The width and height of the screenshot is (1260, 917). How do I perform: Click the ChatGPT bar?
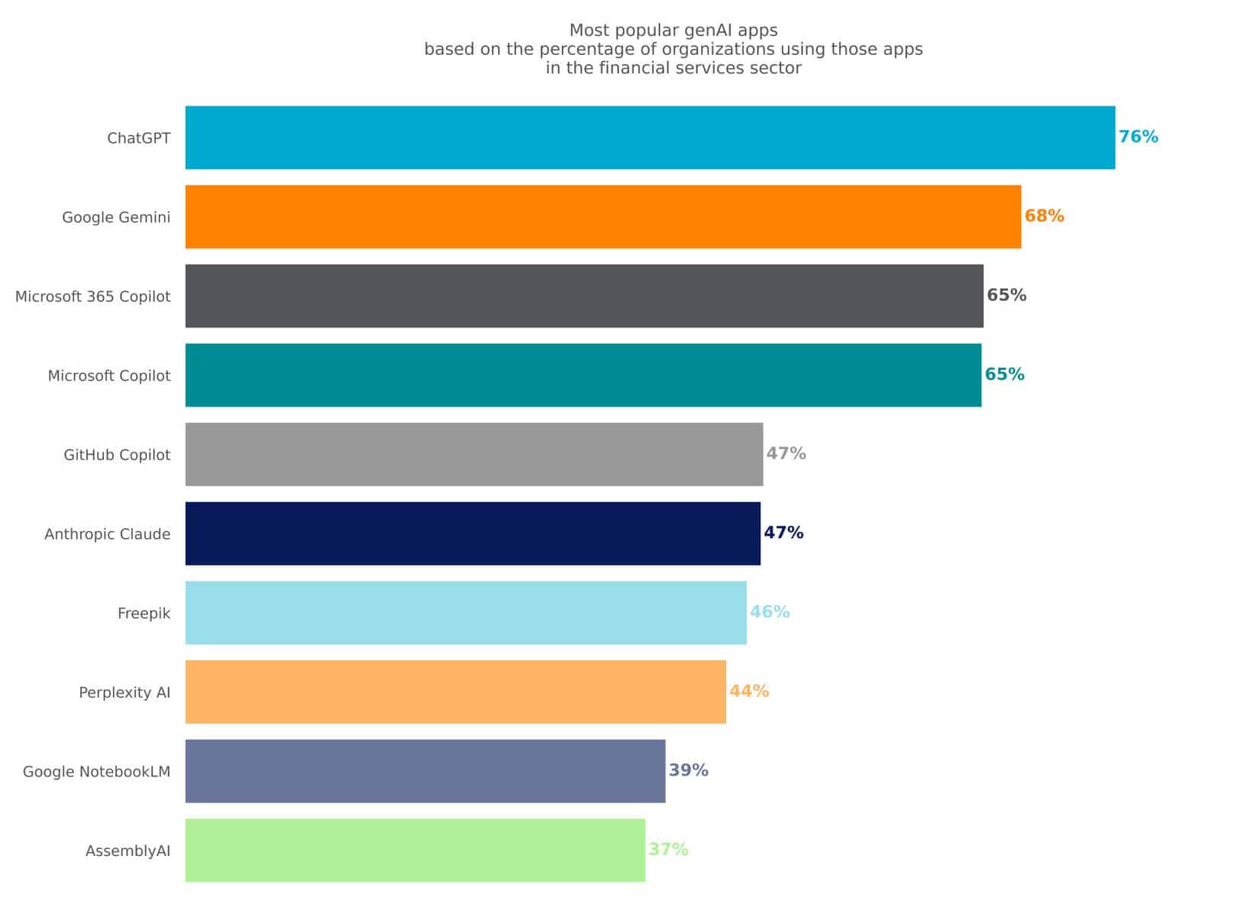(649, 138)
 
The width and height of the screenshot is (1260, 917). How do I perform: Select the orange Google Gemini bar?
(603, 217)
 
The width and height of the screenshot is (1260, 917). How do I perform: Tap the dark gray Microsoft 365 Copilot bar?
(583, 296)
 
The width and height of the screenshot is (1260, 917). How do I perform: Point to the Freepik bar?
(465, 613)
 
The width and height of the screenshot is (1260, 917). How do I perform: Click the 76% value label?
(1138, 137)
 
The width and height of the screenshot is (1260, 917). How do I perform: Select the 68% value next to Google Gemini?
(1044, 216)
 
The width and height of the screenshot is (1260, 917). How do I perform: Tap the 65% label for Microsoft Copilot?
(1004, 374)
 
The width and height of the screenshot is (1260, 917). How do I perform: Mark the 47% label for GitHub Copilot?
(786, 454)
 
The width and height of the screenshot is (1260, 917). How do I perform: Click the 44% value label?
(748, 692)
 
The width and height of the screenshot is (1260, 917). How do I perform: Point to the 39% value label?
(688, 770)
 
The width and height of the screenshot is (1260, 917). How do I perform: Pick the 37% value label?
(668, 850)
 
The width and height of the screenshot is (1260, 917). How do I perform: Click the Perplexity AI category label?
(124, 692)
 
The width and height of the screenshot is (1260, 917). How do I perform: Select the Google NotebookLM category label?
(96, 772)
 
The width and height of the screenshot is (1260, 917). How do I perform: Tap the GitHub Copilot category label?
(117, 455)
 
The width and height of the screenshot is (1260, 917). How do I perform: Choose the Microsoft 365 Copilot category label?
(92, 296)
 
